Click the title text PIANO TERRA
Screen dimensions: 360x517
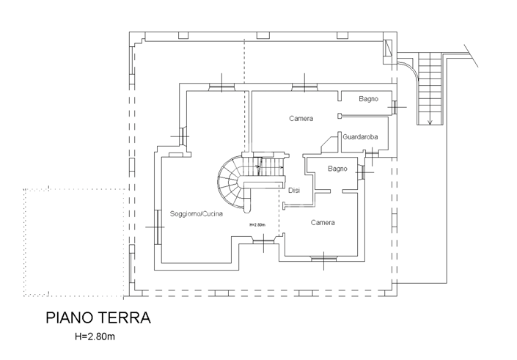click(x=98, y=319)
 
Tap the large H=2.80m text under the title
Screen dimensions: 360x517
click(x=95, y=337)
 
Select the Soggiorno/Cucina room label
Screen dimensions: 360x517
click(x=196, y=214)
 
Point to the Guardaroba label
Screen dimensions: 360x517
click(x=359, y=136)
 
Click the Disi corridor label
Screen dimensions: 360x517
click(x=293, y=191)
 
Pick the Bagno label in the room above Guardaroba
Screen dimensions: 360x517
click(x=368, y=99)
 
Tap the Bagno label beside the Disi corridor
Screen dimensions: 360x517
click(x=337, y=169)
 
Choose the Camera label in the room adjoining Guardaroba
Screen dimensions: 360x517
click(x=301, y=119)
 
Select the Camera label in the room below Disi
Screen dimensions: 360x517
click(x=323, y=222)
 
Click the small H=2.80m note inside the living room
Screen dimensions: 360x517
click(x=257, y=224)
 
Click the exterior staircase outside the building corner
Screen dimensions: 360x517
click(x=430, y=88)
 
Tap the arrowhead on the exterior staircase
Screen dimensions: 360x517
click(x=430, y=121)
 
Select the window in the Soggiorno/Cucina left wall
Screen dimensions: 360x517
click(x=158, y=227)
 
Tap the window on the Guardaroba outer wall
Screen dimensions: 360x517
click(x=373, y=152)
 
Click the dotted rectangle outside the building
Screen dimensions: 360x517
click(x=73, y=242)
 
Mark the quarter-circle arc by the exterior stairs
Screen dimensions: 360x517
click(x=411, y=70)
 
